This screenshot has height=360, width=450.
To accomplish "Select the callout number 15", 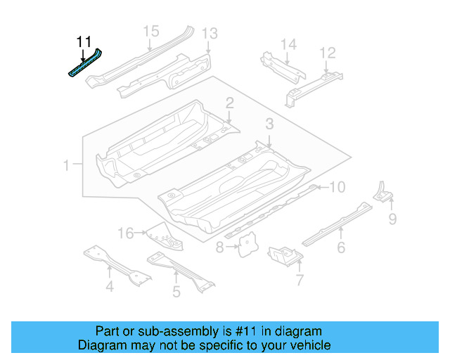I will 151,31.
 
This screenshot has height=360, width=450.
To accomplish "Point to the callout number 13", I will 210,33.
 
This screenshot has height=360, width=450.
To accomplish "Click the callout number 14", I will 289,45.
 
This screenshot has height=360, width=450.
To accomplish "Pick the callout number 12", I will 328,53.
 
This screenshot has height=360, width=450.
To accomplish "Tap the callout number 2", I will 230,103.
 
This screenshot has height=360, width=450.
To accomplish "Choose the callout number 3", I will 269,124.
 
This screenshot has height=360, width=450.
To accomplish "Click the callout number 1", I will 67,166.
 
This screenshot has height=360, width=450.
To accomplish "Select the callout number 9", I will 393,221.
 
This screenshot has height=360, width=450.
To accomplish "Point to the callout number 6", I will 341,247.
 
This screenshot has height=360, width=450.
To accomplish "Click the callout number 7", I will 299,281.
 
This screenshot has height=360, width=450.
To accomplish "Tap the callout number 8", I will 219,247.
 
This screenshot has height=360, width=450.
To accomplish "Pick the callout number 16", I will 125,233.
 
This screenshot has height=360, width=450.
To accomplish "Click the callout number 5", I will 176,290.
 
